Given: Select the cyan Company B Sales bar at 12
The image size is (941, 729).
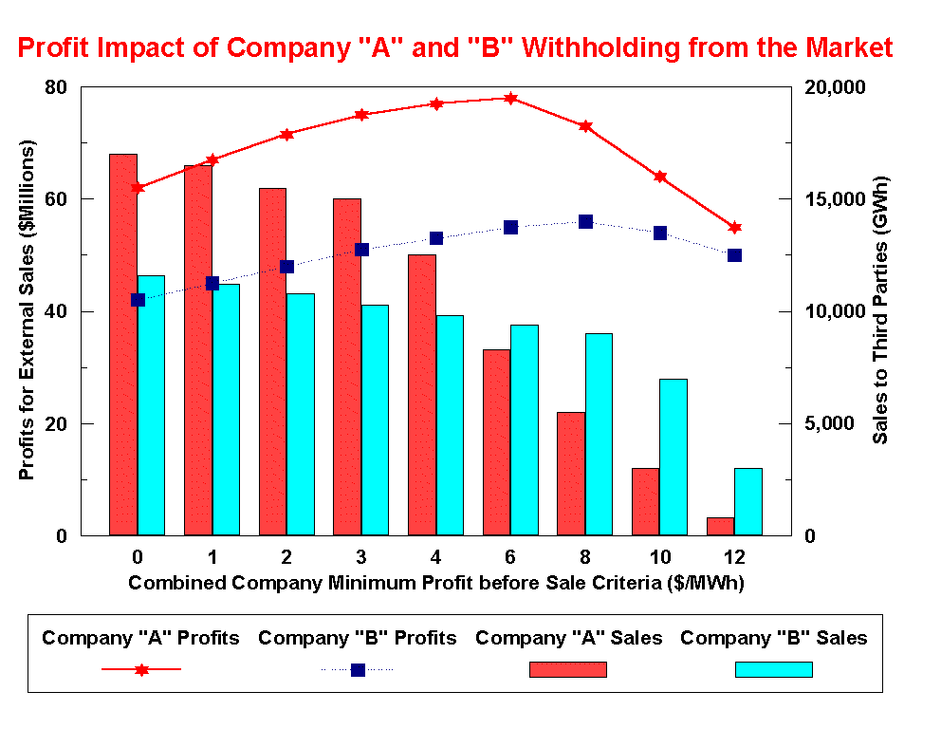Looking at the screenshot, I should pyautogui.click(x=747, y=502).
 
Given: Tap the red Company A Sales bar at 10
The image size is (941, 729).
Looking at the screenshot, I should pyautogui.click(x=646, y=502).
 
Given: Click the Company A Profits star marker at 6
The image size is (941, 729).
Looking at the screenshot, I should pyautogui.click(x=510, y=98).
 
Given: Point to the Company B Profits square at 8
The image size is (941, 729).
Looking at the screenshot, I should pyautogui.click(x=585, y=221).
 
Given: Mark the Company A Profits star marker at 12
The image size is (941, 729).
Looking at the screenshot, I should pyautogui.click(x=734, y=227).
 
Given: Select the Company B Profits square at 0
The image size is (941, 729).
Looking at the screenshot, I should pyautogui.click(x=138, y=300).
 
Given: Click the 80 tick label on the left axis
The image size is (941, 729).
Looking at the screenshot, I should pyautogui.click(x=57, y=87).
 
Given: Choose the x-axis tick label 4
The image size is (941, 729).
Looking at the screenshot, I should pyautogui.click(x=435, y=555).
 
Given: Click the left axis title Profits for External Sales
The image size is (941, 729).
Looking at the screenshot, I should pyautogui.click(x=28, y=310).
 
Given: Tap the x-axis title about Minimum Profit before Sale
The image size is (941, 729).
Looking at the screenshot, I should pyautogui.click(x=435, y=583).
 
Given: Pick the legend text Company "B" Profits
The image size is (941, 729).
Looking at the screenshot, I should pyautogui.click(x=358, y=638).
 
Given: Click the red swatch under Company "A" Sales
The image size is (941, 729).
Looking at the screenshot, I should pyautogui.click(x=567, y=669).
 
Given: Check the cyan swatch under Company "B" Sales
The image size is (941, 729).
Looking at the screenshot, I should pyautogui.click(x=773, y=669).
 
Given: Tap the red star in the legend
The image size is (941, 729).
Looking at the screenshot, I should pyautogui.click(x=141, y=669).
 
